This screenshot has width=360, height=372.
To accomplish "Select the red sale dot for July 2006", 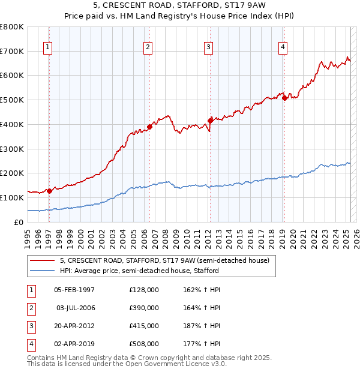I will (149, 127).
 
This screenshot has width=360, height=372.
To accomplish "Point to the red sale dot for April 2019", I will (284, 98).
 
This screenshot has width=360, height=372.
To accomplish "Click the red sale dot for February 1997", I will (49, 191).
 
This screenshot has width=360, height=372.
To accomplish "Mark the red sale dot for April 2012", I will (210, 121).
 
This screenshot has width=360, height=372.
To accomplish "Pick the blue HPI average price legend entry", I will (139, 271).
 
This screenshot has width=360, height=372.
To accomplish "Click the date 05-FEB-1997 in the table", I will (74, 290).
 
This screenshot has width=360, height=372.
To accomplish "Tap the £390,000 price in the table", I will (144, 308).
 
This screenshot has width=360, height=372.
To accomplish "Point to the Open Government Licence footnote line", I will (127, 364).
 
